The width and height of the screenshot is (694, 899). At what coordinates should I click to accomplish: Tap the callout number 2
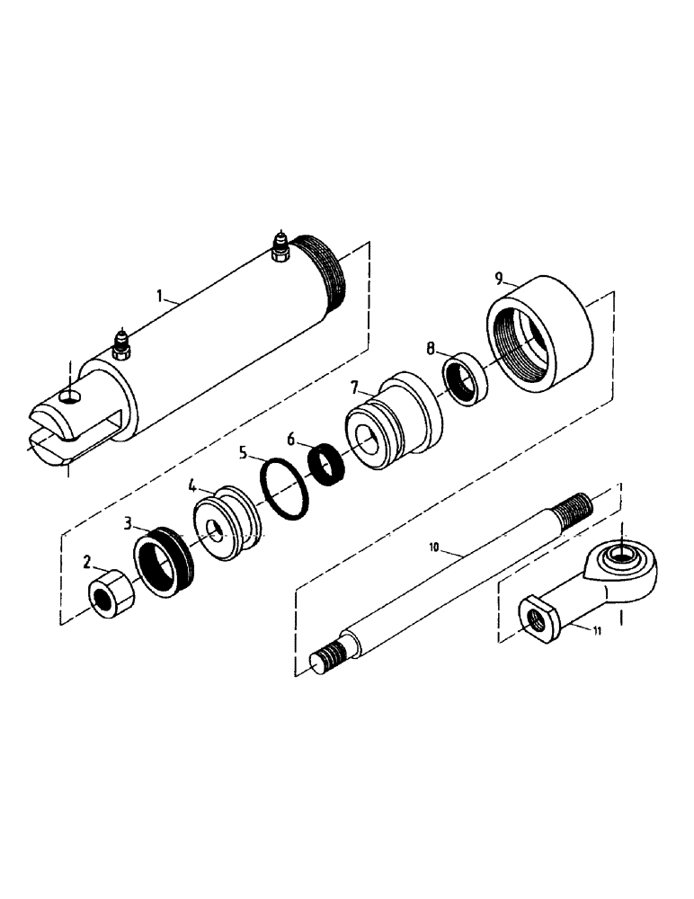pos(86,563)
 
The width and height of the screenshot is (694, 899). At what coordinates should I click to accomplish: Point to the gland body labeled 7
pos(396,423)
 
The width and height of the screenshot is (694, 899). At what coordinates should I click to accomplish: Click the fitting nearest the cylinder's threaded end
pos(280,250)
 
